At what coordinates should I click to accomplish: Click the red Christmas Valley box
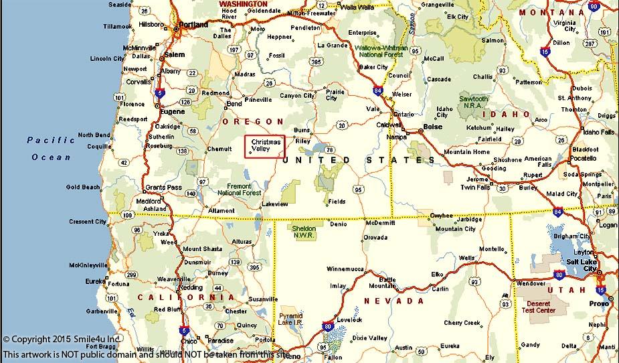click(265, 146)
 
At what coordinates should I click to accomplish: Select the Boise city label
click(433, 127)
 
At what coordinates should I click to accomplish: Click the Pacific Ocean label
click(52, 149)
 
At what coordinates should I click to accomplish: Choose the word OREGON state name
click(253, 121)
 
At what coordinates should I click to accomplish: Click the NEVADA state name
click(391, 301)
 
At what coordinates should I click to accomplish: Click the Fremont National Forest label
click(239, 189)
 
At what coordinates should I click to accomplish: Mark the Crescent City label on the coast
click(87, 222)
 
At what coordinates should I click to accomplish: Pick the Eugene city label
click(172, 112)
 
